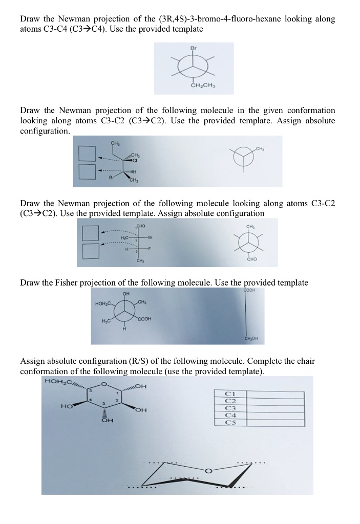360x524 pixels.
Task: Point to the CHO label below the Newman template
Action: (251, 259)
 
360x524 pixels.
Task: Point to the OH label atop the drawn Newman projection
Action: (125, 294)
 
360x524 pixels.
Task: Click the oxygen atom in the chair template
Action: (208, 470)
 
